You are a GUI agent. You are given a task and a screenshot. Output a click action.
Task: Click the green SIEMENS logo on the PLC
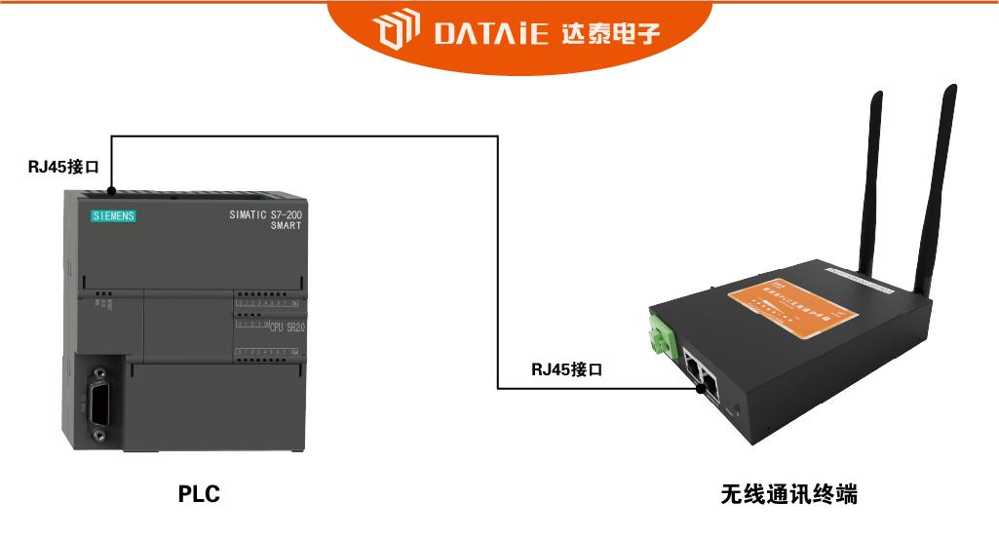pyautogui.click(x=113, y=215)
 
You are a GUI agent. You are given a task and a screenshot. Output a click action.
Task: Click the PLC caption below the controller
pyautogui.click(x=199, y=494)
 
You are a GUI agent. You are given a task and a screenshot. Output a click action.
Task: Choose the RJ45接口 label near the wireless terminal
pyautogui.click(x=567, y=369)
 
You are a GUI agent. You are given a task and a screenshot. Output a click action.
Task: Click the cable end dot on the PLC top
pyautogui.click(x=112, y=189)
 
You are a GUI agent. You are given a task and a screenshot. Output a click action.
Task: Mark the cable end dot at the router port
pyautogui.click(x=700, y=388)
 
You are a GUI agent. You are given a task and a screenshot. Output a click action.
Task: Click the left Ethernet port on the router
pyautogui.click(x=694, y=368)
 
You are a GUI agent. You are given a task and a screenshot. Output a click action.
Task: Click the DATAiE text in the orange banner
pyautogui.click(x=492, y=35)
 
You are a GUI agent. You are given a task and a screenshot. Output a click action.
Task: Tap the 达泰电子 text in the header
pyautogui.click(x=610, y=35)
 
